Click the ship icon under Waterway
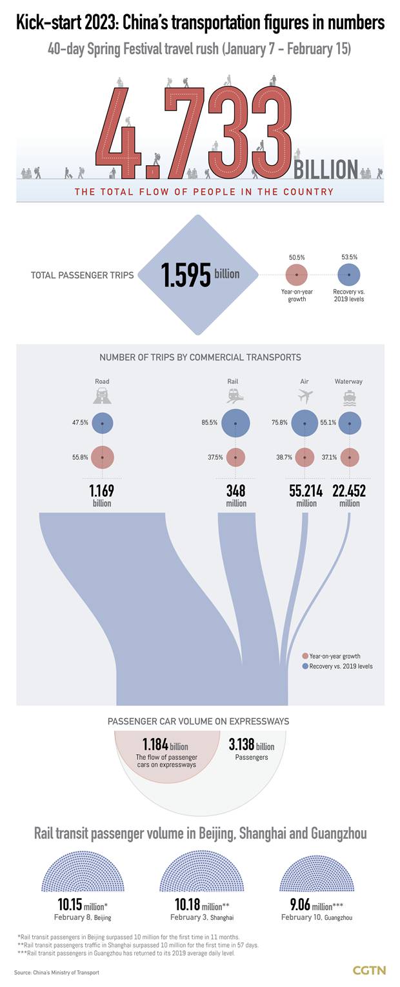pyautogui.click(x=349, y=396)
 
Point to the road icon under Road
pyautogui.click(x=103, y=396)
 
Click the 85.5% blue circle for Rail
pyautogui.click(x=235, y=423)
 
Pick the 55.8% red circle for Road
pyautogui.click(x=103, y=457)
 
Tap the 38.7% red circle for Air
pyautogui.click(x=305, y=457)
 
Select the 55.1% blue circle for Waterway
pyautogui.click(x=349, y=423)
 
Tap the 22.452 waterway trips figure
pyautogui.click(x=349, y=491)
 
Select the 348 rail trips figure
pyautogui.click(x=235, y=491)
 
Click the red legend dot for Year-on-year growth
pyautogui.click(x=305, y=656)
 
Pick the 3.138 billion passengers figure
pyautogui.click(x=251, y=746)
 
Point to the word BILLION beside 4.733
pyautogui.click(x=326, y=169)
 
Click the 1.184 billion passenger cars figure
pyautogui.click(x=165, y=746)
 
